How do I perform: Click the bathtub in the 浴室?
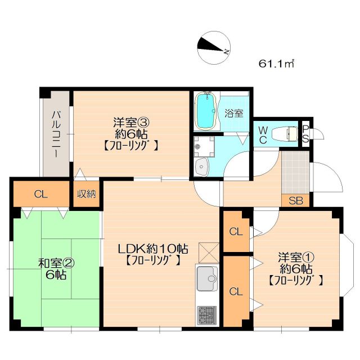(x=206, y=110)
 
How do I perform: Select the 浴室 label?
(x=234, y=112)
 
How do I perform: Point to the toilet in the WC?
(x=284, y=134)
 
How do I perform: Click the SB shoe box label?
(x=294, y=200)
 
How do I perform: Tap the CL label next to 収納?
(x=39, y=195)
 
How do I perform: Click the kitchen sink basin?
(x=206, y=278)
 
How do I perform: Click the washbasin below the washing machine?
(x=202, y=166)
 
